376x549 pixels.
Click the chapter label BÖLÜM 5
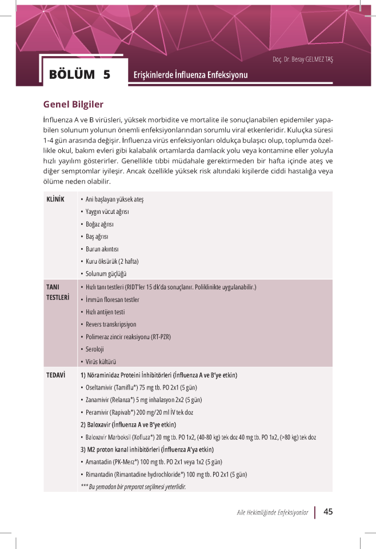(x=79, y=74)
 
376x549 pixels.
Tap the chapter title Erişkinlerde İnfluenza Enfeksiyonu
(x=190, y=75)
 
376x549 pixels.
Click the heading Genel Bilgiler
(x=73, y=105)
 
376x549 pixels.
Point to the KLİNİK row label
(x=55, y=199)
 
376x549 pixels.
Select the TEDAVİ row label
(x=55, y=375)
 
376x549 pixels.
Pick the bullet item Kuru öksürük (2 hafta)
(x=112, y=261)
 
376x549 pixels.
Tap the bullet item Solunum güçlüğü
(x=106, y=274)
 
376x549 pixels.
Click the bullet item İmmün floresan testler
(x=112, y=300)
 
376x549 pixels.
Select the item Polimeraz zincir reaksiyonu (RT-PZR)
(x=127, y=337)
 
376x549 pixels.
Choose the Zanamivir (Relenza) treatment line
(x=143, y=400)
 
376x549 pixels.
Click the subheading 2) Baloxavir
(x=128, y=425)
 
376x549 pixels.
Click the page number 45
(x=328, y=512)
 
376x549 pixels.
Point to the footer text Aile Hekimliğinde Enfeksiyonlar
(x=273, y=512)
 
